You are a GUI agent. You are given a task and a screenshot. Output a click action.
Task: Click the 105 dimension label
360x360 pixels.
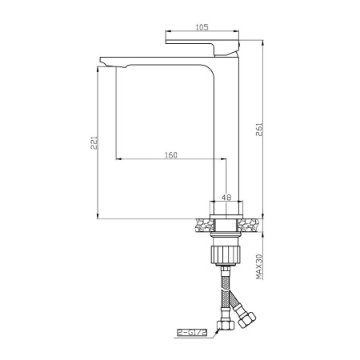pyautogui.click(x=202, y=27)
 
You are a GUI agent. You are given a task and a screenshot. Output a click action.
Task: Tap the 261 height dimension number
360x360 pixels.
pyautogui.click(x=259, y=130)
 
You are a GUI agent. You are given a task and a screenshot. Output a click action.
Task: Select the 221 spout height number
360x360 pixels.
pyautogui.click(x=94, y=142)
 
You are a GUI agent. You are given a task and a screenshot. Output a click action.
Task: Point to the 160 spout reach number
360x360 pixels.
pyautogui.click(x=171, y=155)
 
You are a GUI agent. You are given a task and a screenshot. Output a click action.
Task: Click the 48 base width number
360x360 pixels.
pyautogui.click(x=226, y=198)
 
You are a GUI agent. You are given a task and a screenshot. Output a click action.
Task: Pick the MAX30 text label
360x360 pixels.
pyautogui.click(x=259, y=267)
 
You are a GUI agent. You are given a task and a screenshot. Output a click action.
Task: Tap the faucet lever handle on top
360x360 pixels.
pyautogui.click(x=202, y=47)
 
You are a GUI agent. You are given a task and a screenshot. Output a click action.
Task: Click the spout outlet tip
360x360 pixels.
pyautogui.click(x=106, y=63)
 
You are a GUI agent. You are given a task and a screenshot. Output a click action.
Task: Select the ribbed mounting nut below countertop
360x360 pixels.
pyautogui.click(x=226, y=255)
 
